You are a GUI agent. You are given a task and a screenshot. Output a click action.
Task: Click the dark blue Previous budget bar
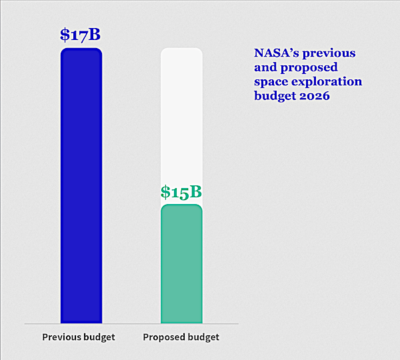[x=81, y=187]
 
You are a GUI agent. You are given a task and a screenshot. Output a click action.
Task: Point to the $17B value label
[x=81, y=35]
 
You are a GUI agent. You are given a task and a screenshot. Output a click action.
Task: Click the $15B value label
[x=181, y=192]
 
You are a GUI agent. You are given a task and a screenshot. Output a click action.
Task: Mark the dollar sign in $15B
[x=165, y=193]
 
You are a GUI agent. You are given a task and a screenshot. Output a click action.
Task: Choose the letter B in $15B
[x=195, y=192]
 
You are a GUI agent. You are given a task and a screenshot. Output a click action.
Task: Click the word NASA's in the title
[x=279, y=53]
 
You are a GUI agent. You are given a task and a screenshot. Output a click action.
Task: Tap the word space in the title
[x=271, y=81]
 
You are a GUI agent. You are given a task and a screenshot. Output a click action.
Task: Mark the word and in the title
[x=266, y=67]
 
